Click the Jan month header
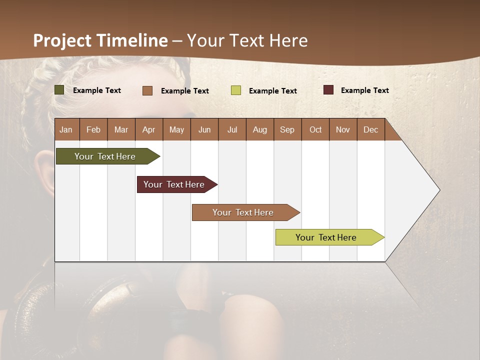point(66,130)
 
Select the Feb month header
point(93,130)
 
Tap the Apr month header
point(148,130)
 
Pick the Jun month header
point(204,130)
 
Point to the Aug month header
point(259,130)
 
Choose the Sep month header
point(287,130)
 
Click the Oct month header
point(315,130)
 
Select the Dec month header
point(370,130)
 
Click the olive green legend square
point(59,90)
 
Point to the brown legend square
point(147,90)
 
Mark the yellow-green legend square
point(236,90)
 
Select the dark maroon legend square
point(328,90)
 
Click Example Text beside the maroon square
point(364,90)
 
